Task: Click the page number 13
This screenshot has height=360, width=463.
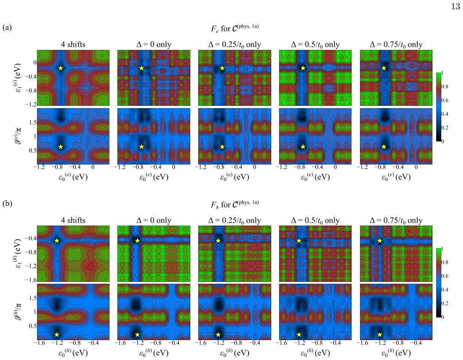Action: pyautogui.click(x=456, y=6)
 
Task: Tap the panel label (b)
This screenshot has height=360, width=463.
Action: pyautogui.click(x=7, y=203)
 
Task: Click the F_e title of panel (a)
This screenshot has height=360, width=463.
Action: pyautogui.click(x=235, y=28)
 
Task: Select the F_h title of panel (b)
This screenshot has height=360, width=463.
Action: pyautogui.click(x=235, y=204)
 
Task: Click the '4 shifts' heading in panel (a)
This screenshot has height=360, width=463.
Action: pyautogui.click(x=73, y=44)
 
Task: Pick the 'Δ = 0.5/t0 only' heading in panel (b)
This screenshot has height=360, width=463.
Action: pyautogui.click(x=315, y=220)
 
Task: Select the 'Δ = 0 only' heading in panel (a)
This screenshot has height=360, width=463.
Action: pyautogui.click(x=153, y=44)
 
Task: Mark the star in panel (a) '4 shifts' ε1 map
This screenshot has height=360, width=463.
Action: pyautogui.click(x=61, y=68)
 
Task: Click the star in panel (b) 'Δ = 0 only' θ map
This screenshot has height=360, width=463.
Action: pyautogui.click(x=137, y=335)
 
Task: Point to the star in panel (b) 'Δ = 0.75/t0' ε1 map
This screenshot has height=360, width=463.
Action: pyautogui.click(x=380, y=241)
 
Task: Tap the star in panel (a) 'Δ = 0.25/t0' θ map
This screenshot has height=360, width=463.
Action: pyautogui.click(x=222, y=147)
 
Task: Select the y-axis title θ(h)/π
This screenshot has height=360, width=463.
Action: pyautogui.click(x=18, y=312)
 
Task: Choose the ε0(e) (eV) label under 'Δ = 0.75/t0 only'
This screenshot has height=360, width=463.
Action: pyautogui.click(x=396, y=177)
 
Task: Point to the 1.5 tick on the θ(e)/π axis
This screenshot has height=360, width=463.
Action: pyautogui.click(x=32, y=122)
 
